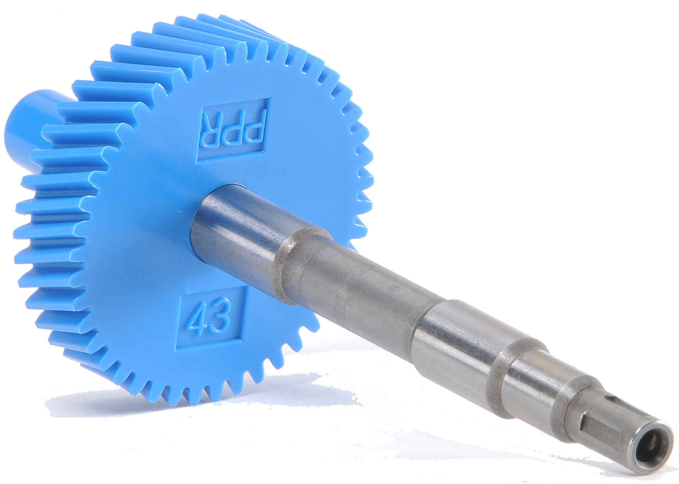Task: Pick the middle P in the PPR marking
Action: coord(234,130)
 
